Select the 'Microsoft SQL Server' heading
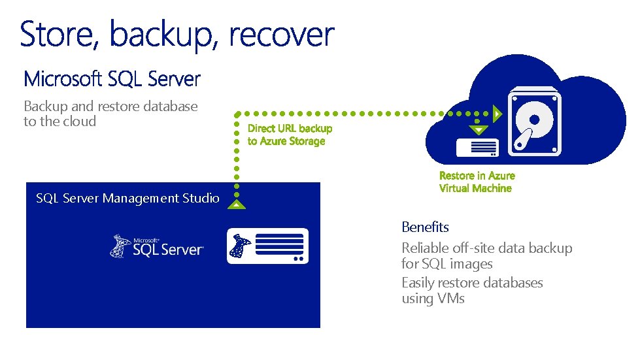pos(112,80)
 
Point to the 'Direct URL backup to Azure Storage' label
pos(289,135)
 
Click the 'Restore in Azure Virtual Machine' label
pos(477,182)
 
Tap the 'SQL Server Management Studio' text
pos(127,198)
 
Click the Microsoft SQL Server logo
pos(157,246)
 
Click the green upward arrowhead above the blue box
pos(237,205)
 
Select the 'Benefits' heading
pos(425,227)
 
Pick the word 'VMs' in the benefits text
pos(451,299)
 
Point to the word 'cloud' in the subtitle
pos(79,122)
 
